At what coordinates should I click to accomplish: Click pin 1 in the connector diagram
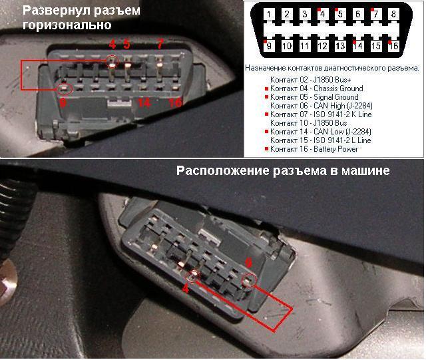269,14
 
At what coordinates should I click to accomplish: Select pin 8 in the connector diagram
393,14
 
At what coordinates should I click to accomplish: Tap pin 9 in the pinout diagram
269,46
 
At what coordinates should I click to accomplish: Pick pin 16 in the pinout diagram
393,46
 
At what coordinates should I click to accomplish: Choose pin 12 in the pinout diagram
322,46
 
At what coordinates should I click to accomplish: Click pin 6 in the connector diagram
358,14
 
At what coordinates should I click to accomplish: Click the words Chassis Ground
338,89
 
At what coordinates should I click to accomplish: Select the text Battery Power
335,149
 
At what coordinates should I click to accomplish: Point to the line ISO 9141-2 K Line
343,114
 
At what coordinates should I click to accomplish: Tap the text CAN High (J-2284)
343,106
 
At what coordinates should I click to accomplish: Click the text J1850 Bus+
332,80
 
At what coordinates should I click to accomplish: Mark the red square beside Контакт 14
266,132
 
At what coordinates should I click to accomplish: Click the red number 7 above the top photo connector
160,44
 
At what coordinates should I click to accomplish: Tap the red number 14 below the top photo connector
144,103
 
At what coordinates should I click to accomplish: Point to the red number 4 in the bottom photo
186,289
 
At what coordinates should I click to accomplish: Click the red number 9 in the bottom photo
248,263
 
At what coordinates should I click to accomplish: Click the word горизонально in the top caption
67,25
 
